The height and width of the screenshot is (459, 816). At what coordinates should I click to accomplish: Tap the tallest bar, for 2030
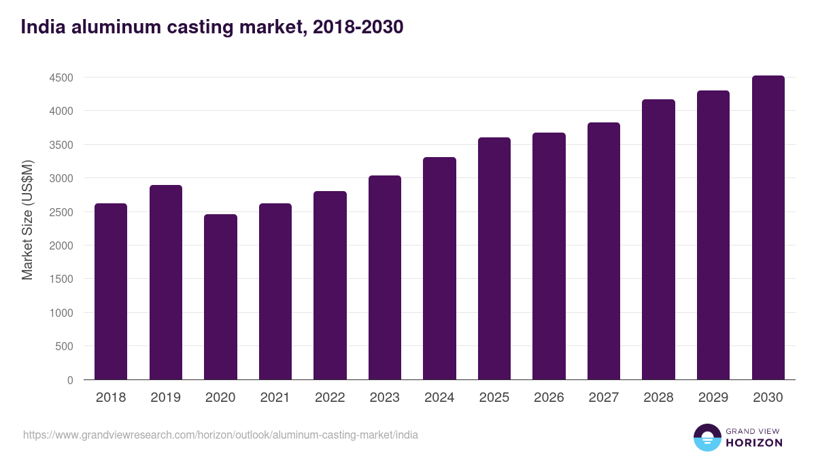coord(768,227)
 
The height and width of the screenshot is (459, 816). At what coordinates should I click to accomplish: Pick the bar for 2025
coord(494,258)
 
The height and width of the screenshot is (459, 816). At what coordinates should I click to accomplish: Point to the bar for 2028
coord(658,239)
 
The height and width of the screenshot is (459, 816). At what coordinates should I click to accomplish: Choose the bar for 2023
coord(385,277)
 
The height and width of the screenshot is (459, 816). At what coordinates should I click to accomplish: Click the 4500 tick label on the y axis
coord(61,78)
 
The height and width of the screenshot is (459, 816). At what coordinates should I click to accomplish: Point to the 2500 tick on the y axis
coord(61,212)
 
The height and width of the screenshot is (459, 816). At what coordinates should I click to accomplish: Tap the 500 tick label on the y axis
coord(64,346)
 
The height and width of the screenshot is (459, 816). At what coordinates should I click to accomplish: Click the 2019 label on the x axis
coord(165,398)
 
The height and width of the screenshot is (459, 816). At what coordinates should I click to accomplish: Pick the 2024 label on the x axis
coord(439,398)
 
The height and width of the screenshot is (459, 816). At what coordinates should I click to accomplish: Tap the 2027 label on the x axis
coord(604,398)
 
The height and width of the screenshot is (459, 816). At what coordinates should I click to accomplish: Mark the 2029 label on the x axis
coord(713,398)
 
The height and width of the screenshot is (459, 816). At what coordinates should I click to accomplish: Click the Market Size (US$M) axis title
coord(27,219)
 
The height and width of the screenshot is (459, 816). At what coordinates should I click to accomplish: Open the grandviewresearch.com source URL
coord(220,435)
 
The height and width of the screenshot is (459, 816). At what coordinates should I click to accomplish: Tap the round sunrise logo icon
coord(707,437)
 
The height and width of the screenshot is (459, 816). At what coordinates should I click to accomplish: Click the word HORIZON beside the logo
coord(755,443)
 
